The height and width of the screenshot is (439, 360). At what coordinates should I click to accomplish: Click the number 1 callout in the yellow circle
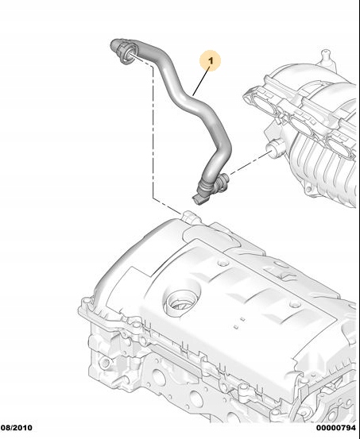pos(211,60)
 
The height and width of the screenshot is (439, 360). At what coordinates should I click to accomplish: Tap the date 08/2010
pos(17,428)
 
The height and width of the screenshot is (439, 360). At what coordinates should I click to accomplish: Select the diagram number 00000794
pos(336,428)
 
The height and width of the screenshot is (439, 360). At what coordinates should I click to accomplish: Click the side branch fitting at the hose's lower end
pos(222,183)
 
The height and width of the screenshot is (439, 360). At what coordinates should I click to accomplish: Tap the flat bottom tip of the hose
pos(200,199)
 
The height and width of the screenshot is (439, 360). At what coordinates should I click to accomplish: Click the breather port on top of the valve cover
pos(189,217)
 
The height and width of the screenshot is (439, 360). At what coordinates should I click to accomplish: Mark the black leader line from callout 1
pos(201,81)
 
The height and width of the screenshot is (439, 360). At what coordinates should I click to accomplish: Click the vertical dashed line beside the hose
pos(153,132)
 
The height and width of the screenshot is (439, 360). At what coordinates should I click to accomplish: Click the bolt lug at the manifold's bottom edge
pos(309,188)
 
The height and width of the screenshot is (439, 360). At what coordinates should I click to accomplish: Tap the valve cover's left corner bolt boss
pos(87,302)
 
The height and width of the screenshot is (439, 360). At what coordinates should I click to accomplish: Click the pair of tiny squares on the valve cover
pos(239,323)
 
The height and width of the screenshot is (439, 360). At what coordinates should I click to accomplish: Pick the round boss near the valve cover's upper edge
pos(223,264)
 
